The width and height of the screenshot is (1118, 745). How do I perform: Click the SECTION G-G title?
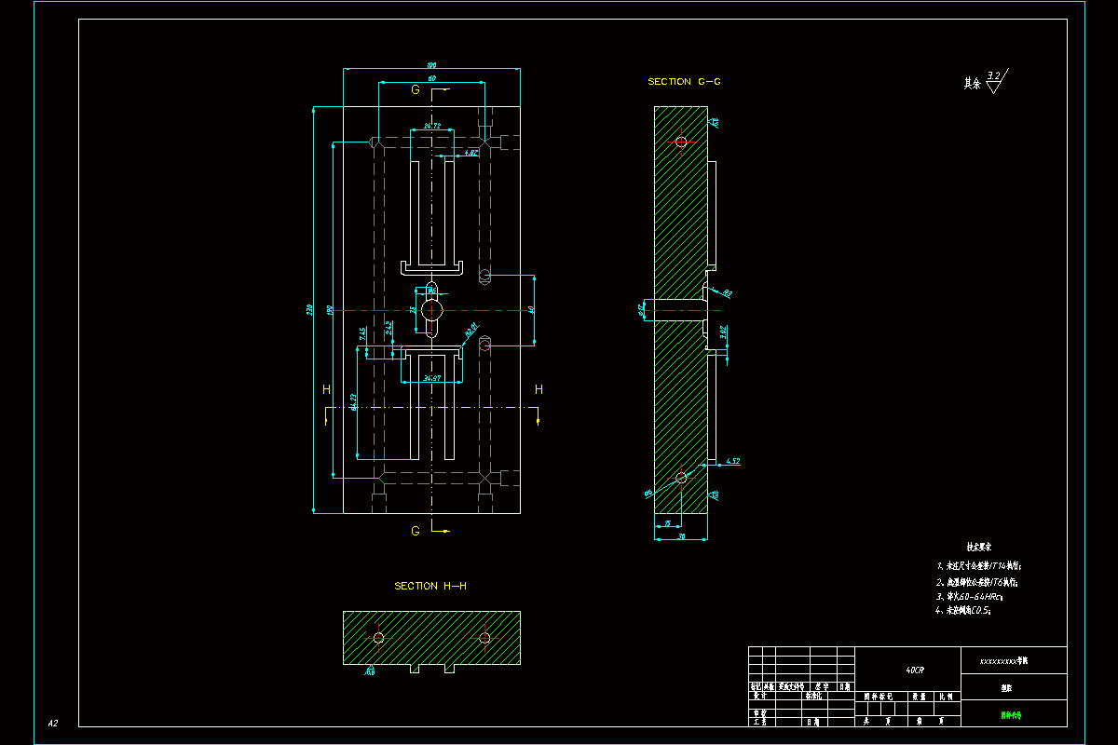click(684, 82)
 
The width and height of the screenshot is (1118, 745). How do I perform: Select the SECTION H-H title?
click(429, 586)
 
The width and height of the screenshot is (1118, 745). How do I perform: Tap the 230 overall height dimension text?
click(309, 309)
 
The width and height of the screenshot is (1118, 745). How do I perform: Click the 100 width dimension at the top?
click(431, 65)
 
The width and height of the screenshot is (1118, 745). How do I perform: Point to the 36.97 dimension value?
click(431, 378)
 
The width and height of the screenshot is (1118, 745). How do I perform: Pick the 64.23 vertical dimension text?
click(354, 402)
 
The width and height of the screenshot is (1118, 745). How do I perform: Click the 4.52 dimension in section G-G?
click(731, 461)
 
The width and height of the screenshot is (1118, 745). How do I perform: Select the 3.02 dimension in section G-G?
click(724, 331)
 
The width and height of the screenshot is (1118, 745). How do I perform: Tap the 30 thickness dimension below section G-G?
click(681, 537)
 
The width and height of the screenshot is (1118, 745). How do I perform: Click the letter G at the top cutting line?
click(416, 89)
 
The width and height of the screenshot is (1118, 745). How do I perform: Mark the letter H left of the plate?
click(326, 389)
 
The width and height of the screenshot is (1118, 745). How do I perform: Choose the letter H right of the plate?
click(539, 389)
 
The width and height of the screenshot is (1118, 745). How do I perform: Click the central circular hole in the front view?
click(431, 308)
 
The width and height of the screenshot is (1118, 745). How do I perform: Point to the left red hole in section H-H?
click(378, 638)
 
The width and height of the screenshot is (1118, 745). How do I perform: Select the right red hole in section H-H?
click(484, 638)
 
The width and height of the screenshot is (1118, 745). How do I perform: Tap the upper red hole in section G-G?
click(681, 142)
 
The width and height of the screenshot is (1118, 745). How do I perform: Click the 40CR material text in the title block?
click(915, 670)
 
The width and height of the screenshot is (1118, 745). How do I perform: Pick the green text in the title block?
click(1011, 716)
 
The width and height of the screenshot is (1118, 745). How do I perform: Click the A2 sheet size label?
click(53, 723)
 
